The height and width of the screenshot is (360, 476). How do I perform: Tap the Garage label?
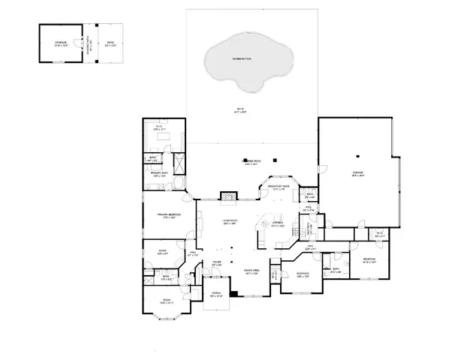(x=357, y=174)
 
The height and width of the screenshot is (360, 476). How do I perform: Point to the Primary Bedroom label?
(x=167, y=216)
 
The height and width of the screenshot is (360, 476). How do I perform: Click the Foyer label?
(x=216, y=264)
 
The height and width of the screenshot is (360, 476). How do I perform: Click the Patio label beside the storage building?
(x=110, y=44)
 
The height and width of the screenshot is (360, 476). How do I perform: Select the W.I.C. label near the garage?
(x=379, y=235)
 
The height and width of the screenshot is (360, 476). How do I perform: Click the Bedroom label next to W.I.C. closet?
(x=369, y=262)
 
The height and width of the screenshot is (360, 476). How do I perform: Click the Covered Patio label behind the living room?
(x=251, y=163)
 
